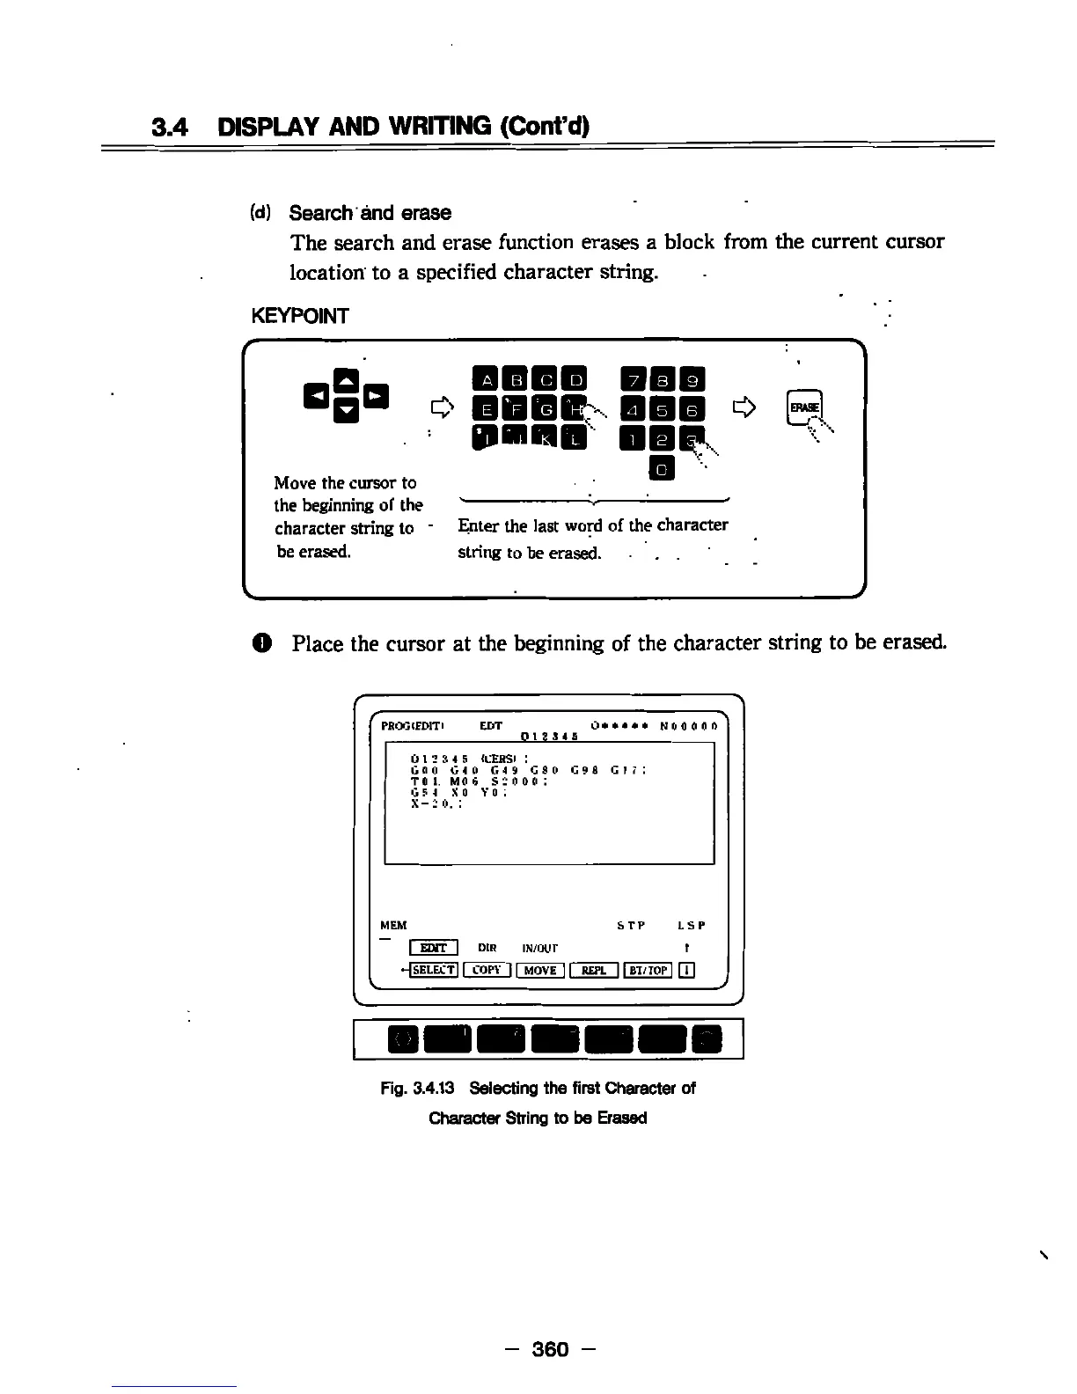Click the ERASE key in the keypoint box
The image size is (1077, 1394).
pos(804,407)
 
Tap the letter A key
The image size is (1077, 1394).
pos(485,380)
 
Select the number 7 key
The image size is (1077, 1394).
pos(634,380)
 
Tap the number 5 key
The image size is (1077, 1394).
pos(663,409)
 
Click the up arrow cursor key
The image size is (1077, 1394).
pos(345,381)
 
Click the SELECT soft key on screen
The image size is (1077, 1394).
pos(433,970)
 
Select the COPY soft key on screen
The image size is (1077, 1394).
pos(487,970)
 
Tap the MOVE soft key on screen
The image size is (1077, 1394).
pos(539,970)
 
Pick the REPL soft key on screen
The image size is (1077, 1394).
pos(594,970)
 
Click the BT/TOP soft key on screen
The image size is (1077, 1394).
pos(648,970)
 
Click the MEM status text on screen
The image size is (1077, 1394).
pos(393,925)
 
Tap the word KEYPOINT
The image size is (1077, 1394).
pos(299,316)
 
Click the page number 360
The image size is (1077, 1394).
pos(552,1349)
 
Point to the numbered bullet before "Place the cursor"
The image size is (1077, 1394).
pos(267,643)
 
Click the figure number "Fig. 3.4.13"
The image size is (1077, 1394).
pos(417,1088)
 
